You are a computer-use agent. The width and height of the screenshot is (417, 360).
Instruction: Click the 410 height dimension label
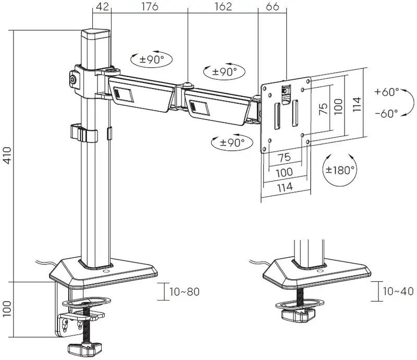7,155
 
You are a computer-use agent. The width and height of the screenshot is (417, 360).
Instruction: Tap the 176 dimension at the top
150,7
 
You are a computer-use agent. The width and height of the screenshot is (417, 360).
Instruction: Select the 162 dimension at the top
223,7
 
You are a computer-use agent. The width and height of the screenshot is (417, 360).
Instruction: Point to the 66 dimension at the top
272,7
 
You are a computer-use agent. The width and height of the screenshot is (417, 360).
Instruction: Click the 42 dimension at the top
102,7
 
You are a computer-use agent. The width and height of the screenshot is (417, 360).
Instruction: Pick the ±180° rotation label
340,170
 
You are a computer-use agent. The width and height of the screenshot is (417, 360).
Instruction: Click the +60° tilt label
387,92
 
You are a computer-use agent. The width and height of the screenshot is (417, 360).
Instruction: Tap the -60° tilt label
387,113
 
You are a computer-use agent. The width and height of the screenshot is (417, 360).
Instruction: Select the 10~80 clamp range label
185,292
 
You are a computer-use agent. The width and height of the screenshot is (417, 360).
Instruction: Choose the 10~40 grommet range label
398,291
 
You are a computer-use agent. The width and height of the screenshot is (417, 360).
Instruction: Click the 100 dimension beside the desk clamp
7,309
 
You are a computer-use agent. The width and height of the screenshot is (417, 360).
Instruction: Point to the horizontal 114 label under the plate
285,187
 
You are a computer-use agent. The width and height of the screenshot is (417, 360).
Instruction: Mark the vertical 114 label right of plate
357,104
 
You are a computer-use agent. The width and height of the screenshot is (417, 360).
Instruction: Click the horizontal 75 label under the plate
285,158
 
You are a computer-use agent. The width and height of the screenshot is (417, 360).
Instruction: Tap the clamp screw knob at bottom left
85,349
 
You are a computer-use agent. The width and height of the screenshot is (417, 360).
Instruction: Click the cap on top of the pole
96,34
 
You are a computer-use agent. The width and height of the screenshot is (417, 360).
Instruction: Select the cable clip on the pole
84,133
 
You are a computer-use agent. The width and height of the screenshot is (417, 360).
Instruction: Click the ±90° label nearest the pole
151,59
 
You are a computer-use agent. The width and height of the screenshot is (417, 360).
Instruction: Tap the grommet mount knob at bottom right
298,315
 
